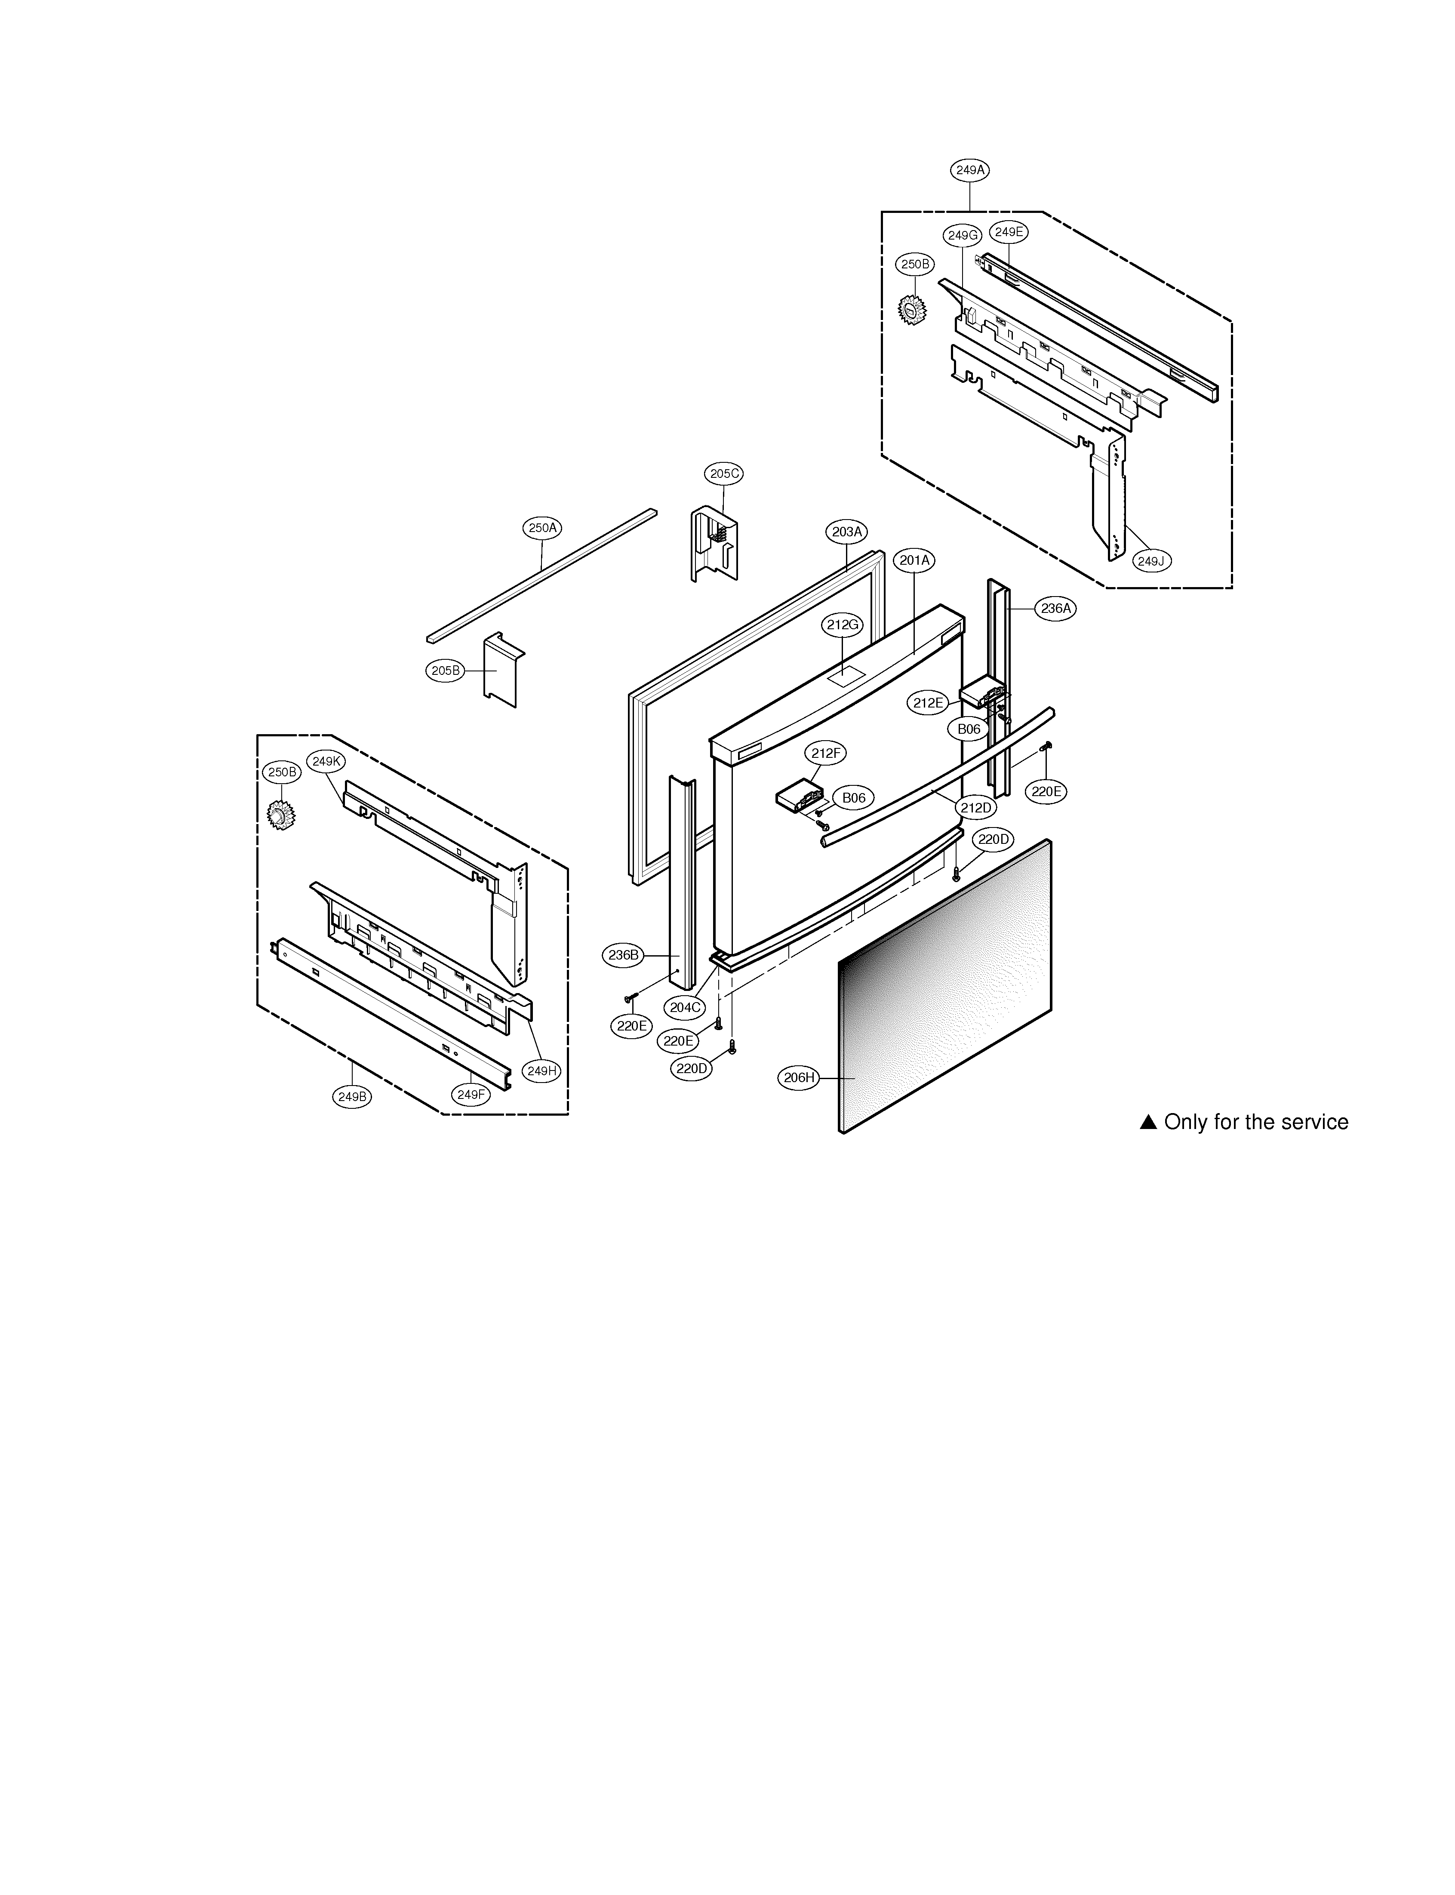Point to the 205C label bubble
pos(724,474)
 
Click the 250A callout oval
pos(543,527)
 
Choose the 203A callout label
pos(848,532)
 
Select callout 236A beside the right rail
pos(1056,609)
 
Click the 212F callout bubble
pos(825,754)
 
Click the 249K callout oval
pos(328,761)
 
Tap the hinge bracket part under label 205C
pos(714,544)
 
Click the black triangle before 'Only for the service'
pos(1148,1123)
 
